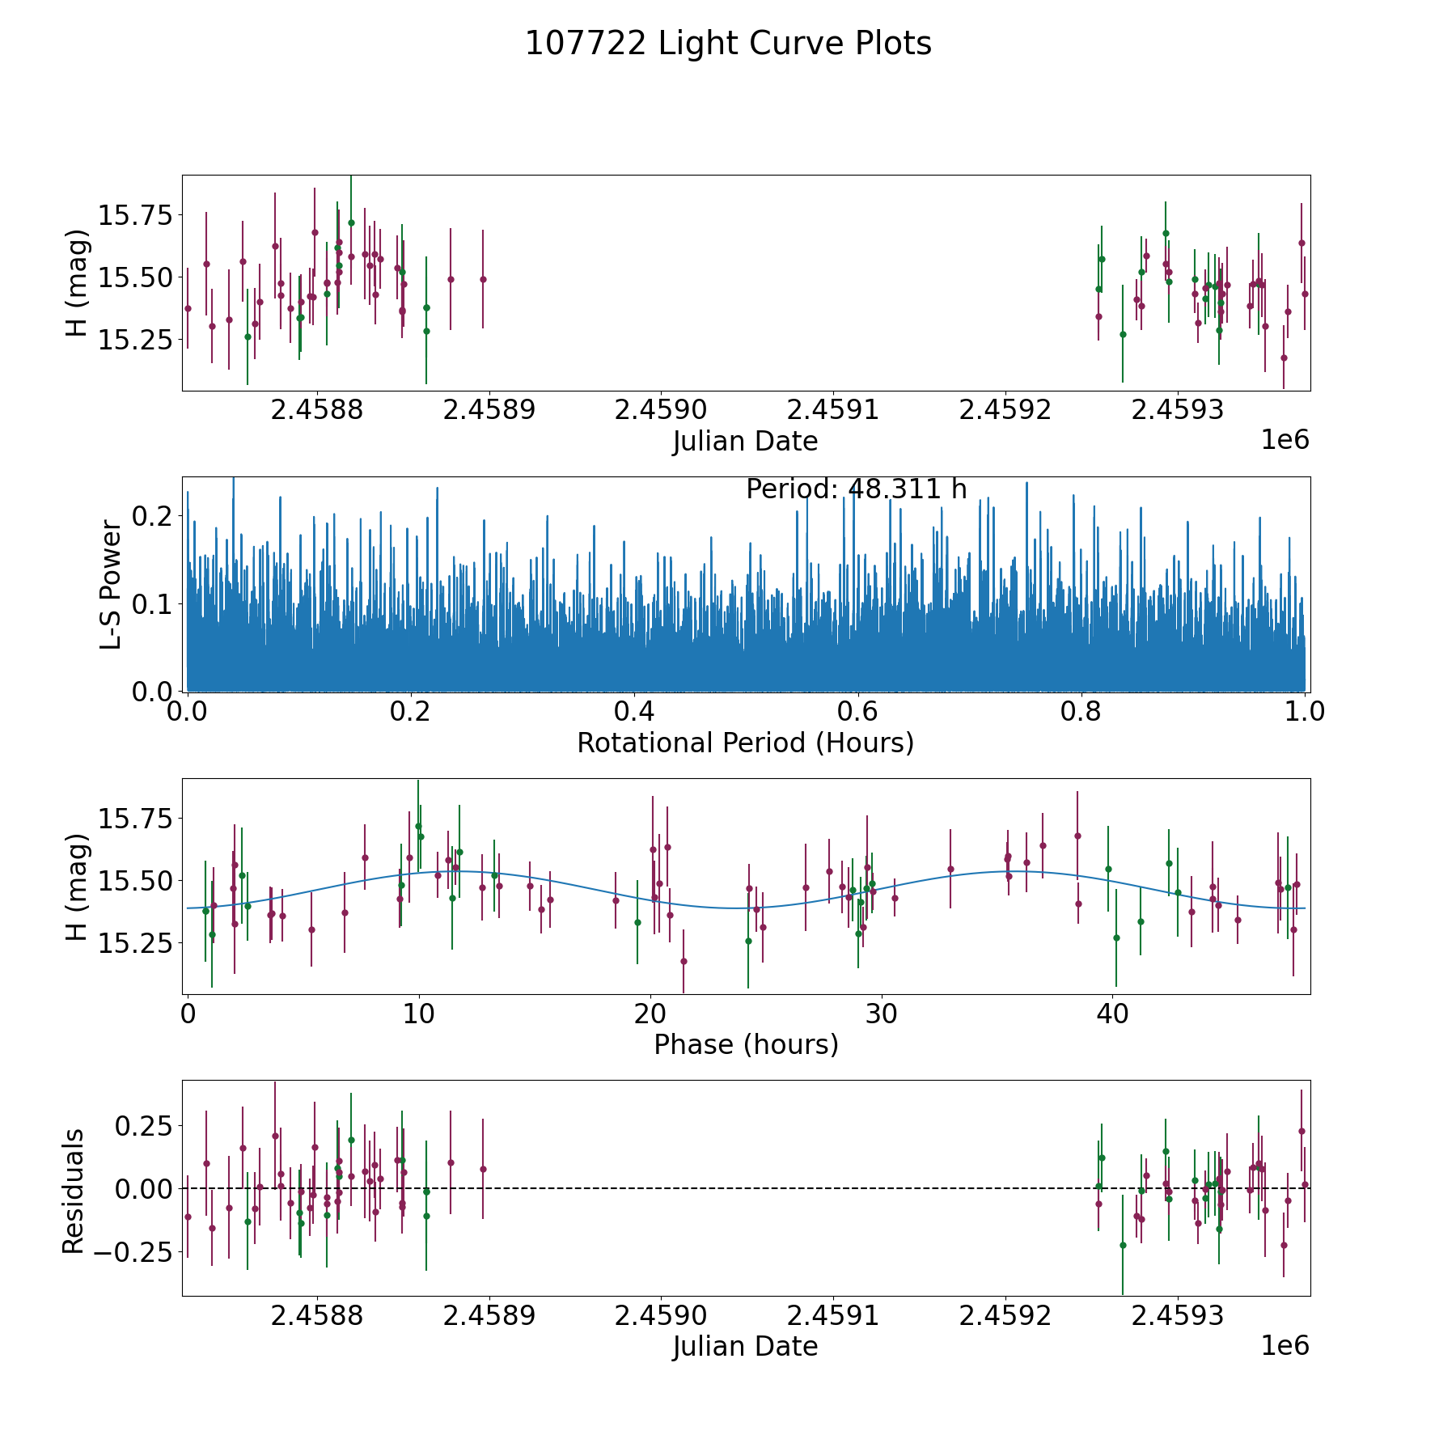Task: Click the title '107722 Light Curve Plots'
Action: coord(728,44)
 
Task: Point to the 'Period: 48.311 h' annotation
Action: coord(856,489)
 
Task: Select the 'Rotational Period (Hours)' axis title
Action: coord(745,743)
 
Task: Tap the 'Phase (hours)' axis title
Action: coord(745,1045)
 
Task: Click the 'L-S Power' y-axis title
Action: coord(111,584)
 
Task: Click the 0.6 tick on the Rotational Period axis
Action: coord(857,712)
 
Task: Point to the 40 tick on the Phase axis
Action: coord(1112,1014)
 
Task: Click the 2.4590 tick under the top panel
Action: coord(661,410)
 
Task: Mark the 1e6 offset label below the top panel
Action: coord(1285,440)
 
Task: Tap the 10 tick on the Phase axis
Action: coord(418,1014)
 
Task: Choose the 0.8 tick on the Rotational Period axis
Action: coord(1081,712)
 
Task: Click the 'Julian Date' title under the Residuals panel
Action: coord(745,1347)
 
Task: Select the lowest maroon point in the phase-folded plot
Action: coord(684,961)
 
